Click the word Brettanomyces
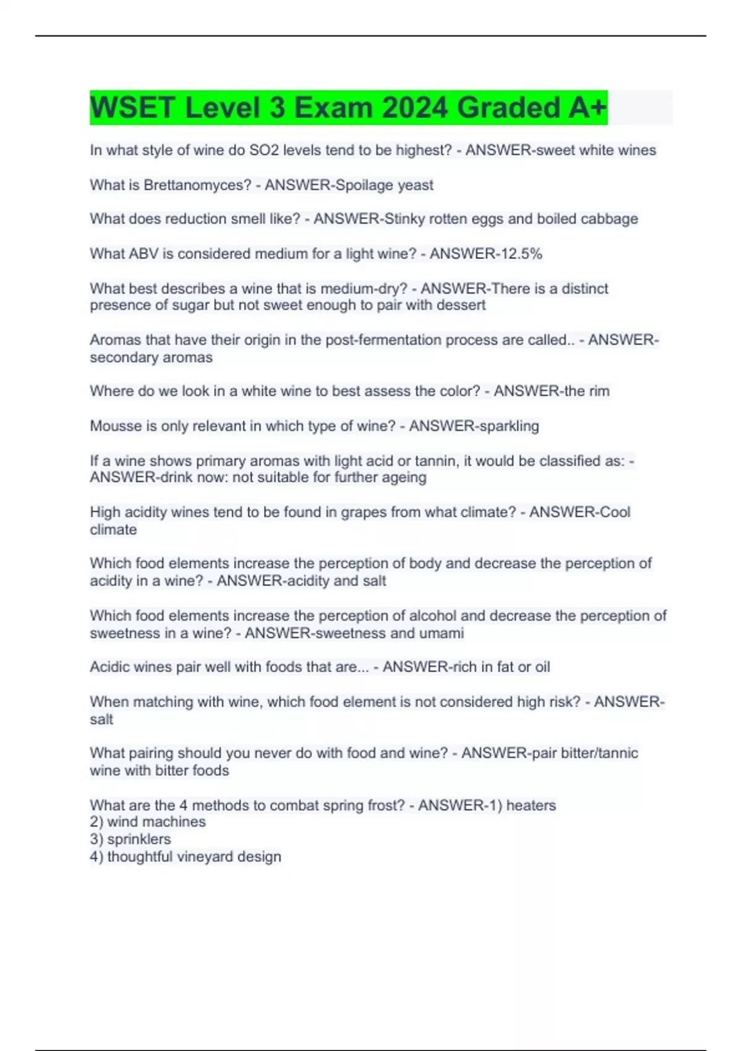tap(197, 185)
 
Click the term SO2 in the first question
tap(263, 150)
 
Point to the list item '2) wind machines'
tap(148, 822)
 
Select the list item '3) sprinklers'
tap(130, 839)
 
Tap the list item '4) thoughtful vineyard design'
tap(185, 856)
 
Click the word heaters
tap(531, 805)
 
